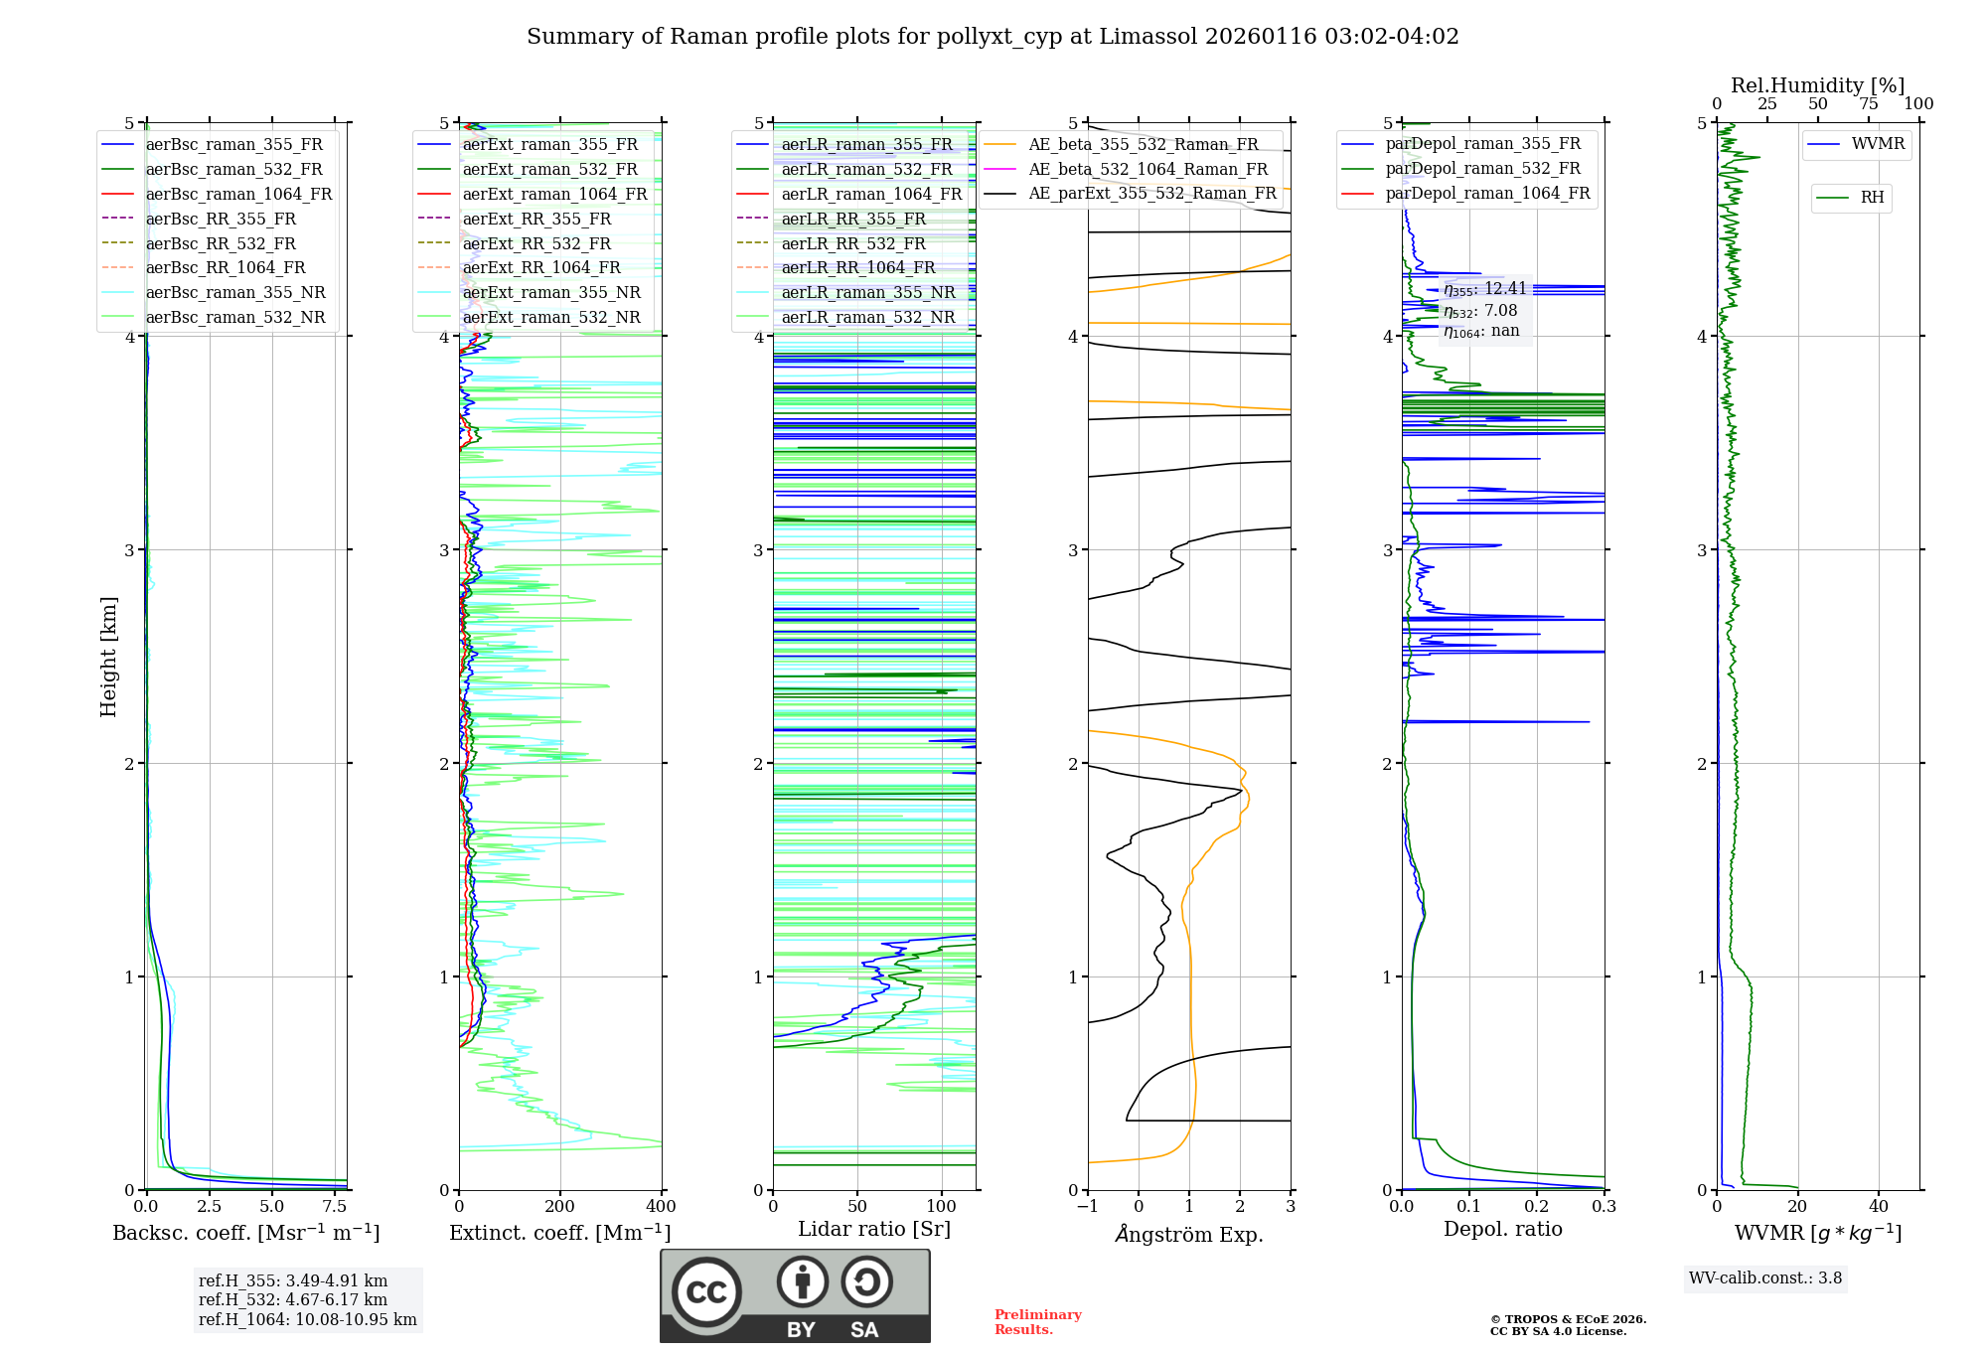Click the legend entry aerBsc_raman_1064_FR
pyautogui.click(x=238, y=195)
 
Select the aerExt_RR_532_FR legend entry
pyautogui.click(x=536, y=243)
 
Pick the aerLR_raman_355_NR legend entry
pyautogui.click(x=867, y=293)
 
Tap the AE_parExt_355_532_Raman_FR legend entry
pyautogui.click(x=1152, y=194)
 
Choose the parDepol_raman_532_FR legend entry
pyautogui.click(x=1482, y=169)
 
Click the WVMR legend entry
pyautogui.click(x=1878, y=144)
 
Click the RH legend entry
pyautogui.click(x=1872, y=198)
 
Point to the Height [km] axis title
pyautogui.click(x=108, y=657)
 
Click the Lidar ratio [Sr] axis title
pyautogui.click(x=874, y=1229)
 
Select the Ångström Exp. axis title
pyautogui.click(x=1189, y=1234)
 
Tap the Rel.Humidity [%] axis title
pyautogui.click(x=1817, y=85)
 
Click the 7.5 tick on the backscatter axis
pyautogui.click(x=335, y=1207)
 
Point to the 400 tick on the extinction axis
pyautogui.click(x=661, y=1207)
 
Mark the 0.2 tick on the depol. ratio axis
pyautogui.click(x=1537, y=1207)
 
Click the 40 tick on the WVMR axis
pyautogui.click(x=1879, y=1207)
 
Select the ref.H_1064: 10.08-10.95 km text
pyautogui.click(x=308, y=1319)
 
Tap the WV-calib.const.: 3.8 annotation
pyautogui.click(x=1765, y=1278)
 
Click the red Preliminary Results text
pyautogui.click(x=1037, y=1322)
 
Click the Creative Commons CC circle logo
pyautogui.click(x=706, y=1292)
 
